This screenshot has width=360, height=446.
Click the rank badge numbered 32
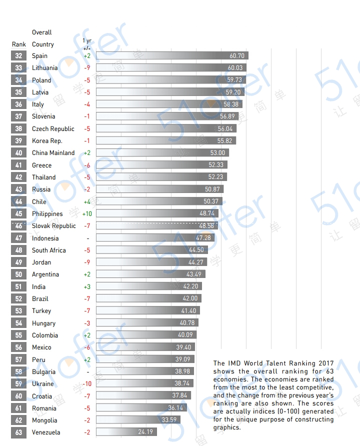(x=18, y=56)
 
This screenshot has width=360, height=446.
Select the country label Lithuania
(x=44, y=68)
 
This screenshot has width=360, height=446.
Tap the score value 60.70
(x=237, y=56)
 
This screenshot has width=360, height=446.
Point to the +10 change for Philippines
(x=87, y=214)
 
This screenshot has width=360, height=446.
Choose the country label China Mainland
(x=53, y=153)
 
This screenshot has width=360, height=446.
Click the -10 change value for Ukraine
(x=87, y=384)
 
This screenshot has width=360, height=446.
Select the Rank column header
(x=19, y=44)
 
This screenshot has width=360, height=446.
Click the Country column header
(x=43, y=44)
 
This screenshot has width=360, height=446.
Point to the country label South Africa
(x=48, y=250)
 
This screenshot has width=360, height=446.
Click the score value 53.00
(x=217, y=153)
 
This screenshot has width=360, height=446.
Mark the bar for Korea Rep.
(x=165, y=141)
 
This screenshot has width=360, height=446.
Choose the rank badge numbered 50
(x=18, y=274)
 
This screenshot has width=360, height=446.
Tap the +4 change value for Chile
(x=87, y=202)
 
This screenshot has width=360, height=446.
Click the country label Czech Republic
(x=53, y=129)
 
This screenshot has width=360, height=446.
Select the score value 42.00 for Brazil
(x=190, y=298)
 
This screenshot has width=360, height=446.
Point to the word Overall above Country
(x=42, y=32)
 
